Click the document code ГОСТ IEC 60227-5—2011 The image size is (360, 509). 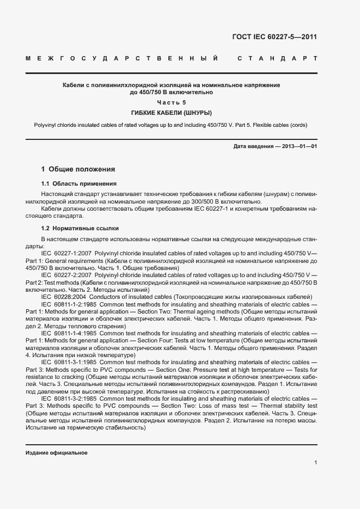click(x=274, y=38)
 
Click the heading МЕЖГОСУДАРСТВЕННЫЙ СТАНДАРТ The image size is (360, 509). click(x=171, y=58)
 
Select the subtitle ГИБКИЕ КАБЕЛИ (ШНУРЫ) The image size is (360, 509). click(x=171, y=113)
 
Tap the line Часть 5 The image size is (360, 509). click(x=171, y=102)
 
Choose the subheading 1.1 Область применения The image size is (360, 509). click(x=79, y=184)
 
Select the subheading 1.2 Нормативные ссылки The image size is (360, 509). click(x=80, y=228)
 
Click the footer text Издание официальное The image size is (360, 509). click(x=57, y=453)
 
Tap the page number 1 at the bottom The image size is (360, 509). click(x=315, y=463)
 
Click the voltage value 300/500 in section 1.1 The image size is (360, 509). click(x=200, y=201)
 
